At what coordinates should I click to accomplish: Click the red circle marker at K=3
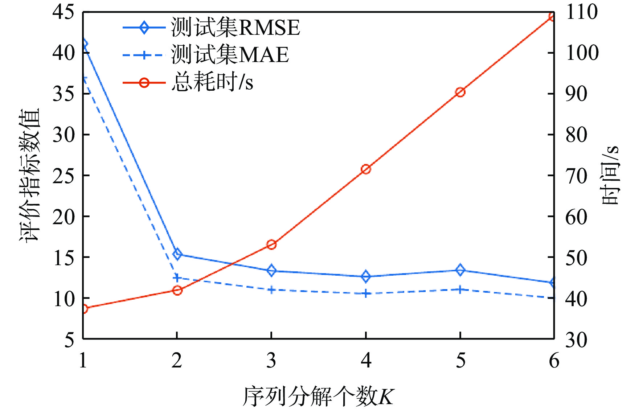coord(271,244)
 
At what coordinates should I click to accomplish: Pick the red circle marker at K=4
coord(366,169)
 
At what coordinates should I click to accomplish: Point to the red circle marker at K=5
coord(460,92)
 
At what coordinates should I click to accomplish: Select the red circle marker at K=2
coord(177,290)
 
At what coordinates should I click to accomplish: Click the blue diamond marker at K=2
coord(177,254)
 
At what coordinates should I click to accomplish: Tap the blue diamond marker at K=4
coord(366,276)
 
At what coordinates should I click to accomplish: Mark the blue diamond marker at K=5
coord(460,270)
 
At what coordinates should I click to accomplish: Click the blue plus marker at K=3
coord(271,290)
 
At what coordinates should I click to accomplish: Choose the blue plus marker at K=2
coord(177,278)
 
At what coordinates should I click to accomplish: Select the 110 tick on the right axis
coord(581,12)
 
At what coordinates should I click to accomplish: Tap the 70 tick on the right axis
coord(576,176)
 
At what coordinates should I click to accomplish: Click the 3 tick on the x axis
coord(271,361)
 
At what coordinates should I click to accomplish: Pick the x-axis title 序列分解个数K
coord(318,396)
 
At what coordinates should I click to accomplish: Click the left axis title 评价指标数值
coord(29,175)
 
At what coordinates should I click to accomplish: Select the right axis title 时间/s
coord(610,175)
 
